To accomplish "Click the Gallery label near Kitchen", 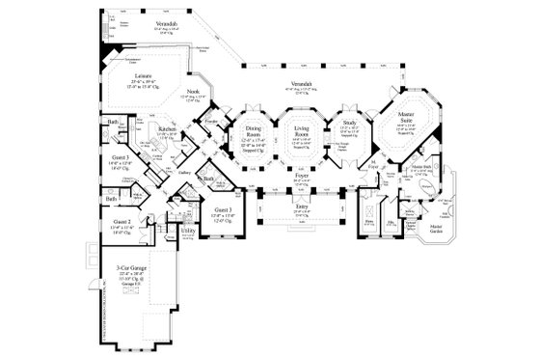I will pyautogui.click(x=183, y=172).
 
